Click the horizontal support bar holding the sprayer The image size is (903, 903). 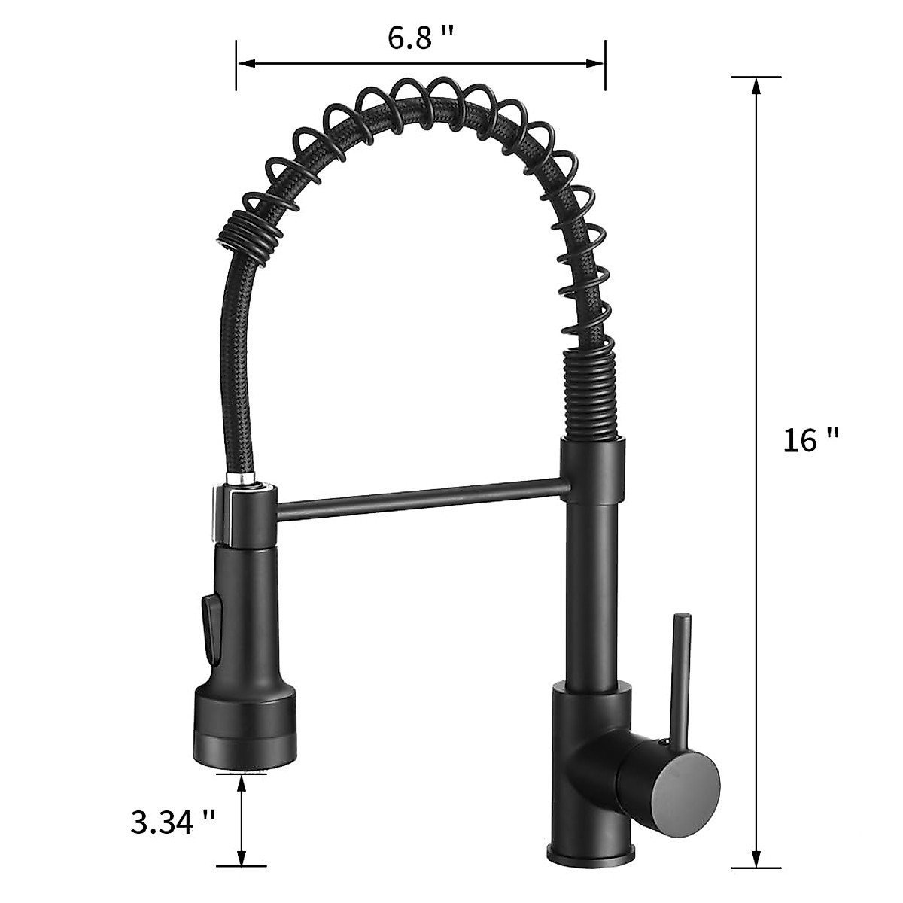418,499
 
